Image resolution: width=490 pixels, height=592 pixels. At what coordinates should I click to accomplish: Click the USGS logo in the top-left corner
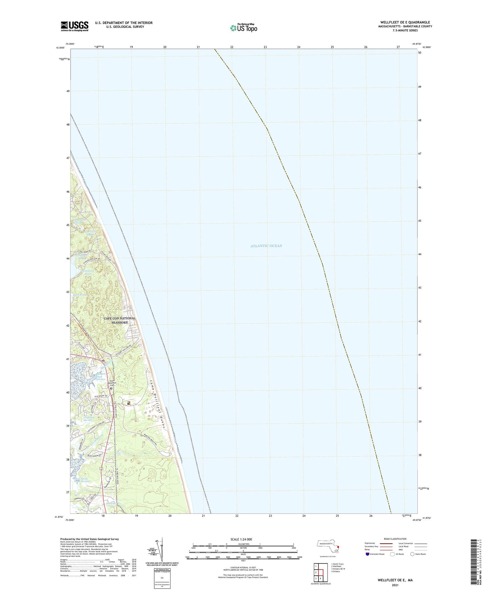click(75, 26)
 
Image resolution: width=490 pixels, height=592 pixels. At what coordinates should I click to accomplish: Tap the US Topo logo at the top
click(243, 28)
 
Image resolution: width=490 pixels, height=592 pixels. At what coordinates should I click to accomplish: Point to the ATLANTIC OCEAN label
click(266, 246)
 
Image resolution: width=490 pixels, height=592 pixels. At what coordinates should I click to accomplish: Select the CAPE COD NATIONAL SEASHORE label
click(119, 320)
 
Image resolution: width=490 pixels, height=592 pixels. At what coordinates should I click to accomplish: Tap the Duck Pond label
click(80, 295)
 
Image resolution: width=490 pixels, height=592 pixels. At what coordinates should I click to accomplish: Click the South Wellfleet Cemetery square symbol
click(111, 389)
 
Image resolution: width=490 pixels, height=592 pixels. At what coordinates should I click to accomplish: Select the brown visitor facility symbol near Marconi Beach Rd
click(129, 403)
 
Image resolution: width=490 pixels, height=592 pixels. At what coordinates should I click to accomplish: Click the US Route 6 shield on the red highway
click(101, 469)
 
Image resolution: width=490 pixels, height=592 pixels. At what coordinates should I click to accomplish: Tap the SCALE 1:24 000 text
click(241, 539)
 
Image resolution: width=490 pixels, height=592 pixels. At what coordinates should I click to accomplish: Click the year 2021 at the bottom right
click(395, 585)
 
